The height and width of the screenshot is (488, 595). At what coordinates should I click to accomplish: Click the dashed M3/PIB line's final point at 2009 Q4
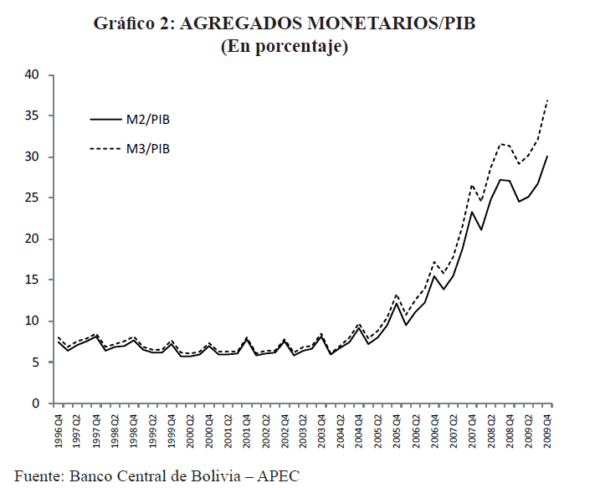(x=548, y=99)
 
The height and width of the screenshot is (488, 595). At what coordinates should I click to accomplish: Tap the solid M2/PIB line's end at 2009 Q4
(x=548, y=156)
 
